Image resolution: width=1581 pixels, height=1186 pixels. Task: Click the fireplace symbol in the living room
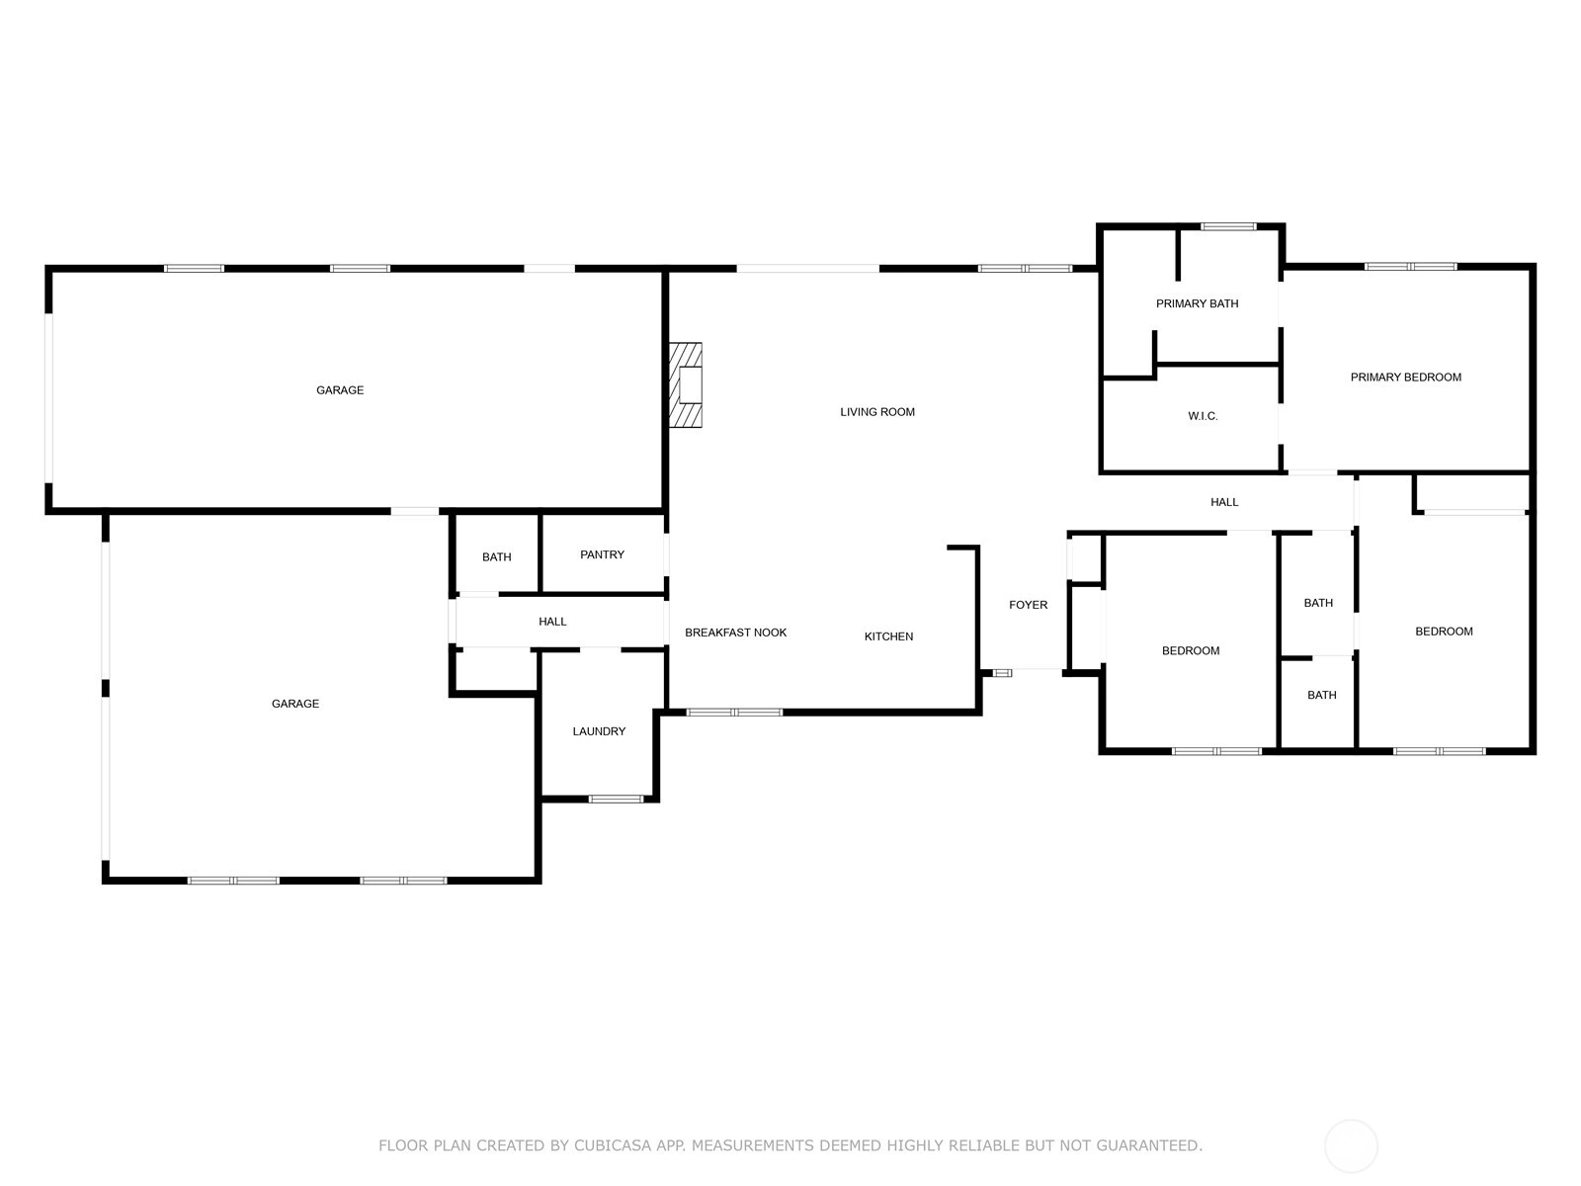pos(686,384)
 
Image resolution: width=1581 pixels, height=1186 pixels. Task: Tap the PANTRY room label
pos(602,554)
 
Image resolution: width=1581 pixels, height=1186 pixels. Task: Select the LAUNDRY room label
pos(599,731)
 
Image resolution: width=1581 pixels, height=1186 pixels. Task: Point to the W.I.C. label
pos(1203,416)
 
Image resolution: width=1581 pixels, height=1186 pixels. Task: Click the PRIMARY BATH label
pos(1197,303)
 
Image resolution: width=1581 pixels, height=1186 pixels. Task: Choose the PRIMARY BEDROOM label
pos(1405,377)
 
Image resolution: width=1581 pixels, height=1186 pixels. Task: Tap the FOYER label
pos(1028,605)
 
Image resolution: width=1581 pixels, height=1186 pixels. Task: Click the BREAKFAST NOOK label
pos(735,633)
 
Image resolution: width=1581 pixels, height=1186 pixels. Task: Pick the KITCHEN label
pos(888,636)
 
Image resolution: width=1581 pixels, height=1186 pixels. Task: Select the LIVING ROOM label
pos(877,412)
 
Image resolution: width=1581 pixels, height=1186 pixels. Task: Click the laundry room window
pos(617,799)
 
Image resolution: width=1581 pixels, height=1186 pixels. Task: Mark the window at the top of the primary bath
pos(1228,227)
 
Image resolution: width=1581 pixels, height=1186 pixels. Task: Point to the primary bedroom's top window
pos(1410,267)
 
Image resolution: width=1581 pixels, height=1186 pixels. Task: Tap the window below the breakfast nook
pos(734,713)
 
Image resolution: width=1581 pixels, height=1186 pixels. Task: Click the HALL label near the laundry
pos(552,622)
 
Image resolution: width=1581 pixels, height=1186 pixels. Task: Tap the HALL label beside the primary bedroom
pos(1224,502)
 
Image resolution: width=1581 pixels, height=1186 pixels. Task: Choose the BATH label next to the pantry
pos(496,557)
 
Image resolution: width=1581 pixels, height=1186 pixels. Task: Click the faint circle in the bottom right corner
pos(1351,1146)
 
